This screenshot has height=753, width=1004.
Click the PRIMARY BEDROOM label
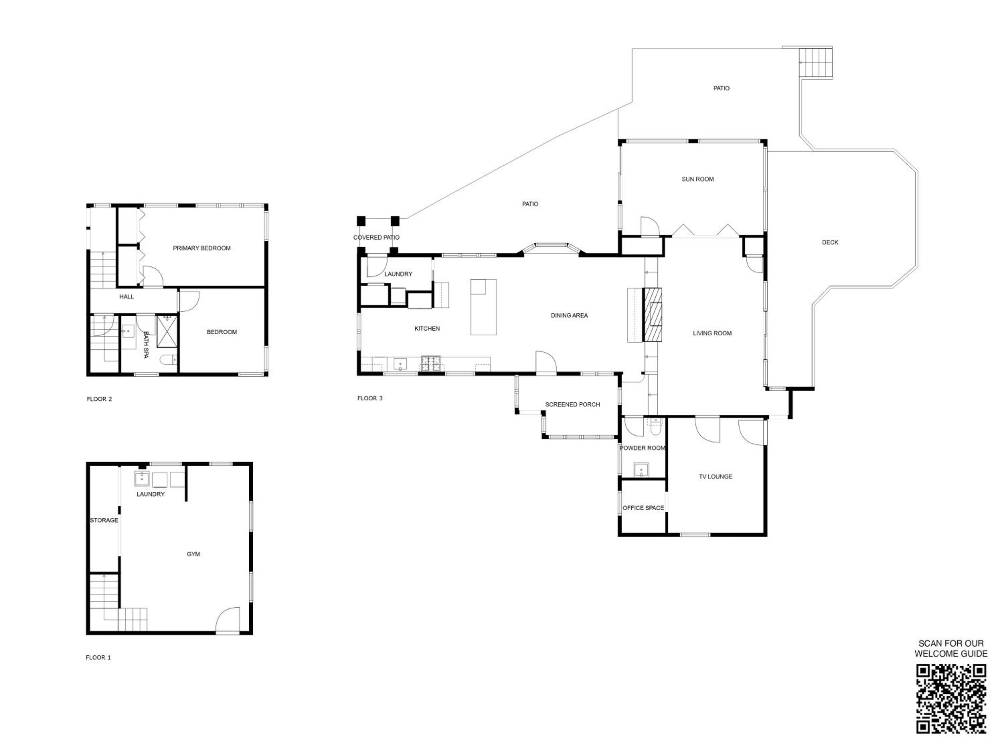coord(201,248)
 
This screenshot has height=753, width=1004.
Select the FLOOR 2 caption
coord(99,399)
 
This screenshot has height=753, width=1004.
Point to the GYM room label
coord(193,554)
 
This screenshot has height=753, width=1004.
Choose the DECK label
coord(830,242)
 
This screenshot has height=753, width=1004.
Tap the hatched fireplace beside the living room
coord(652,314)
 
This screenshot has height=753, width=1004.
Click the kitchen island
coord(483,307)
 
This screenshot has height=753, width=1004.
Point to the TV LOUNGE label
coord(715,477)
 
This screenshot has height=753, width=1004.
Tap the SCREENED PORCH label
coord(572,404)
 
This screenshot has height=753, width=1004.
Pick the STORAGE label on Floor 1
coord(104,520)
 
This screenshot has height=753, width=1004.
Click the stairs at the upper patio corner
coord(816,62)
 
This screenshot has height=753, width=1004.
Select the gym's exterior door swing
coord(227,619)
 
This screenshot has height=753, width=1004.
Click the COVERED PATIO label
coord(376,237)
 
